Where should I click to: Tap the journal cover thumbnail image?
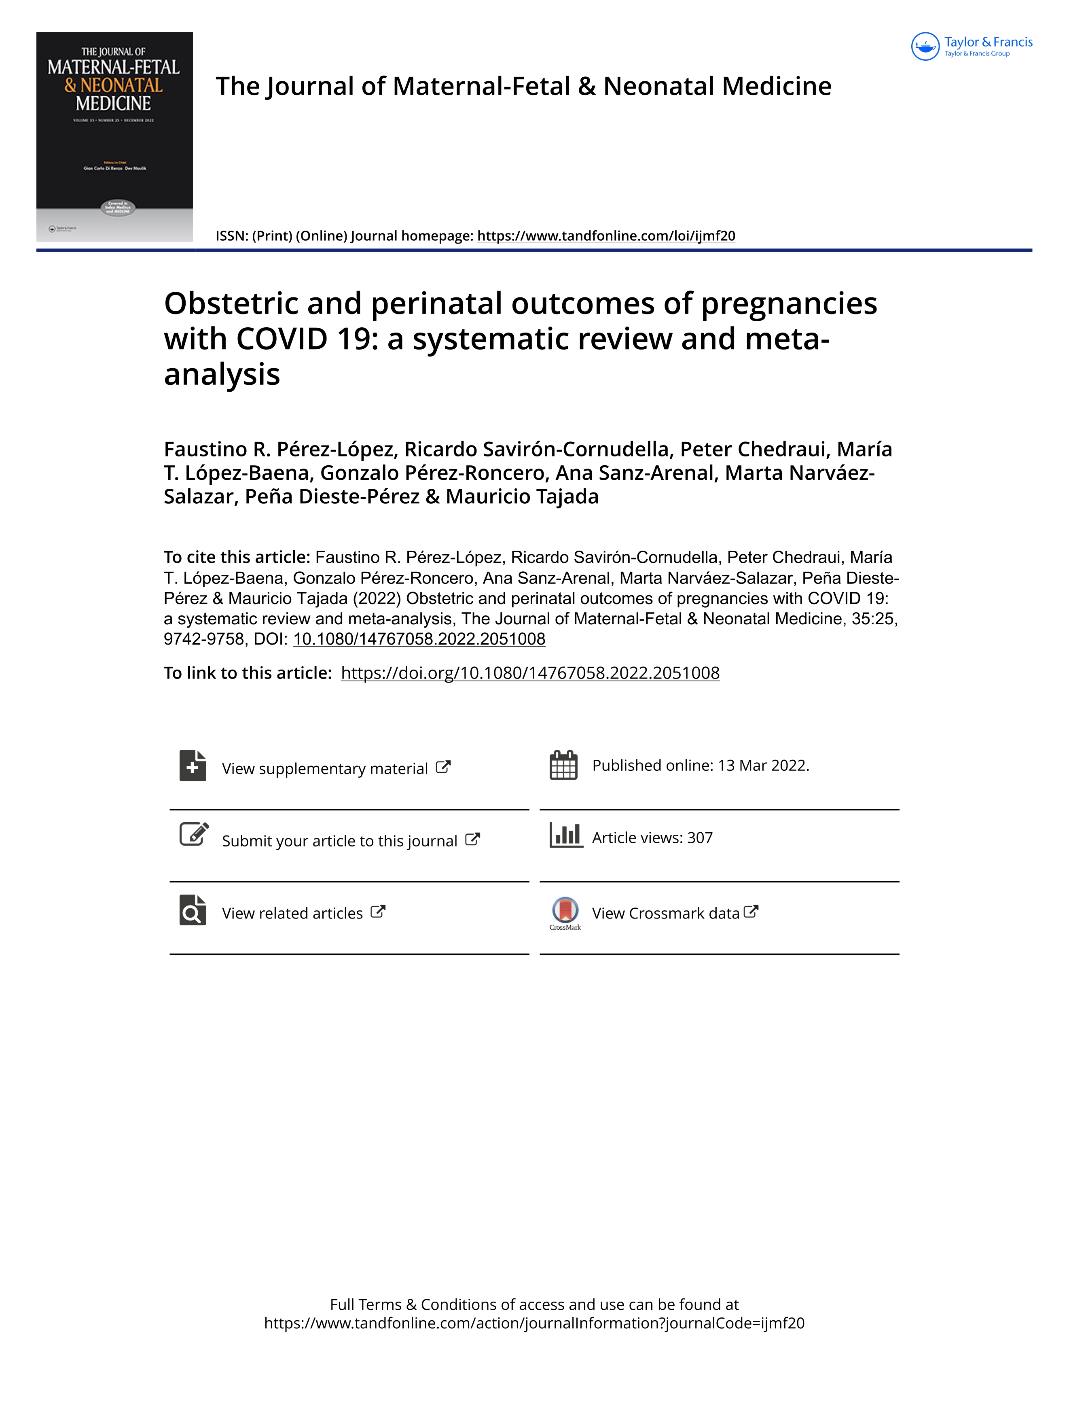tap(114, 136)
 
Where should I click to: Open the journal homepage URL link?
tap(606, 236)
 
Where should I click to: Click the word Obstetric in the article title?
tap(231, 303)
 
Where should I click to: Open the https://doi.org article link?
tap(530, 673)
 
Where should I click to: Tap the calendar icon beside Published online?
tap(563, 765)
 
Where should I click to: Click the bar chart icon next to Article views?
tap(566, 835)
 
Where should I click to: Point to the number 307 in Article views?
tap(700, 838)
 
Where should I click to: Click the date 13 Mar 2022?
tap(762, 766)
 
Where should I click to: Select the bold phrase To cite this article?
tap(237, 558)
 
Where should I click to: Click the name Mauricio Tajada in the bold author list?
tap(522, 496)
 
